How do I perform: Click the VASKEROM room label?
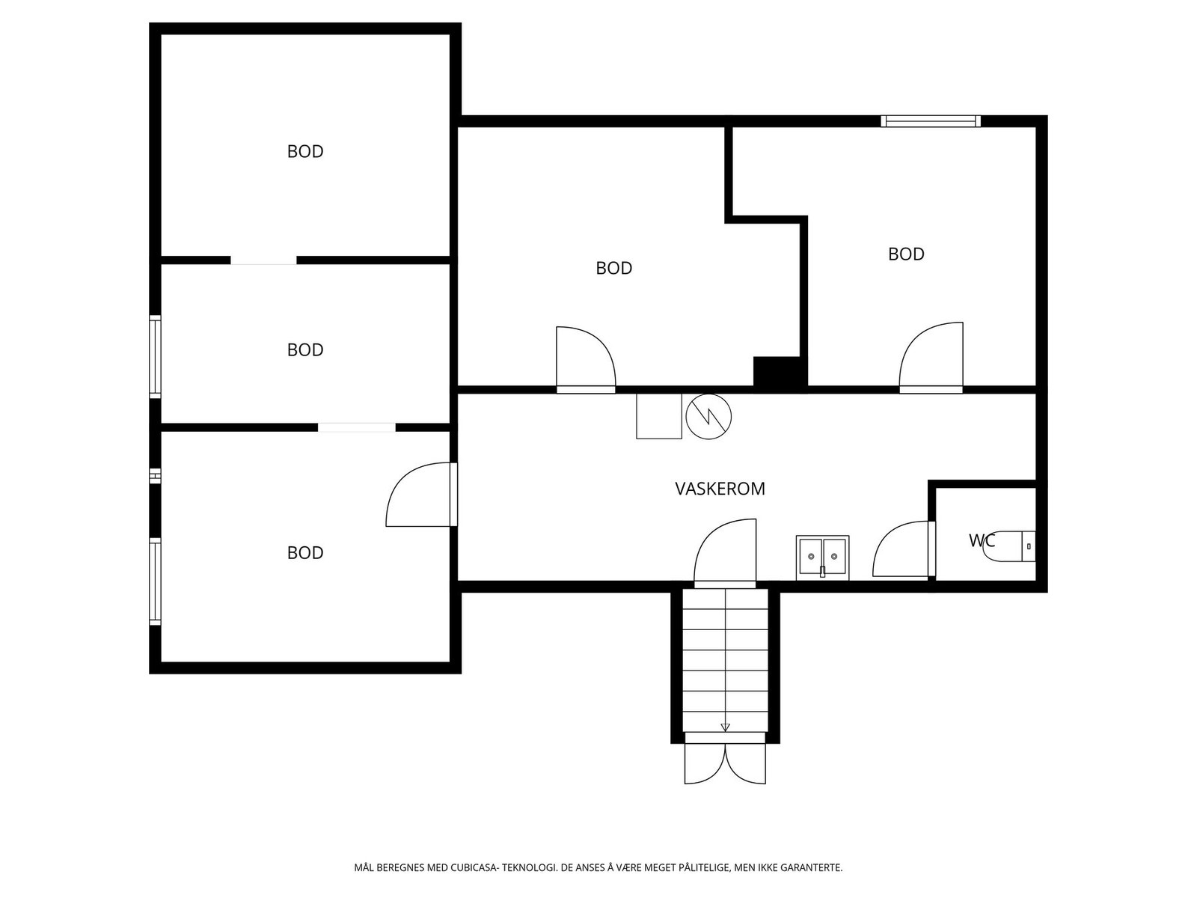(x=720, y=489)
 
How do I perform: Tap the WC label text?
(x=982, y=540)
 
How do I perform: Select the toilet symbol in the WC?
(x=1009, y=546)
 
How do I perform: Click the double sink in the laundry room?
(x=822, y=558)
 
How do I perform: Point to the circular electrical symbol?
(x=708, y=417)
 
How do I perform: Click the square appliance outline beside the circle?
(x=659, y=416)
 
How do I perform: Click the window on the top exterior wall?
(x=931, y=120)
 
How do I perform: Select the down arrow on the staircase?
(x=725, y=727)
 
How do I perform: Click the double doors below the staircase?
(x=725, y=763)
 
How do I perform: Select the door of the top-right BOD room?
(x=931, y=357)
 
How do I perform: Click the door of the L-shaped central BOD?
(x=586, y=359)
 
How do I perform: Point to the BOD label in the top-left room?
(x=305, y=151)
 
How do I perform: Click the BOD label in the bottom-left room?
(x=305, y=552)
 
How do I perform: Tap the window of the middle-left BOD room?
(x=156, y=357)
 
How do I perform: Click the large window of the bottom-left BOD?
(x=156, y=581)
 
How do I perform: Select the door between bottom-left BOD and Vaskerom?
(x=421, y=495)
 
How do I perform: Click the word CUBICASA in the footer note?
(x=474, y=867)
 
